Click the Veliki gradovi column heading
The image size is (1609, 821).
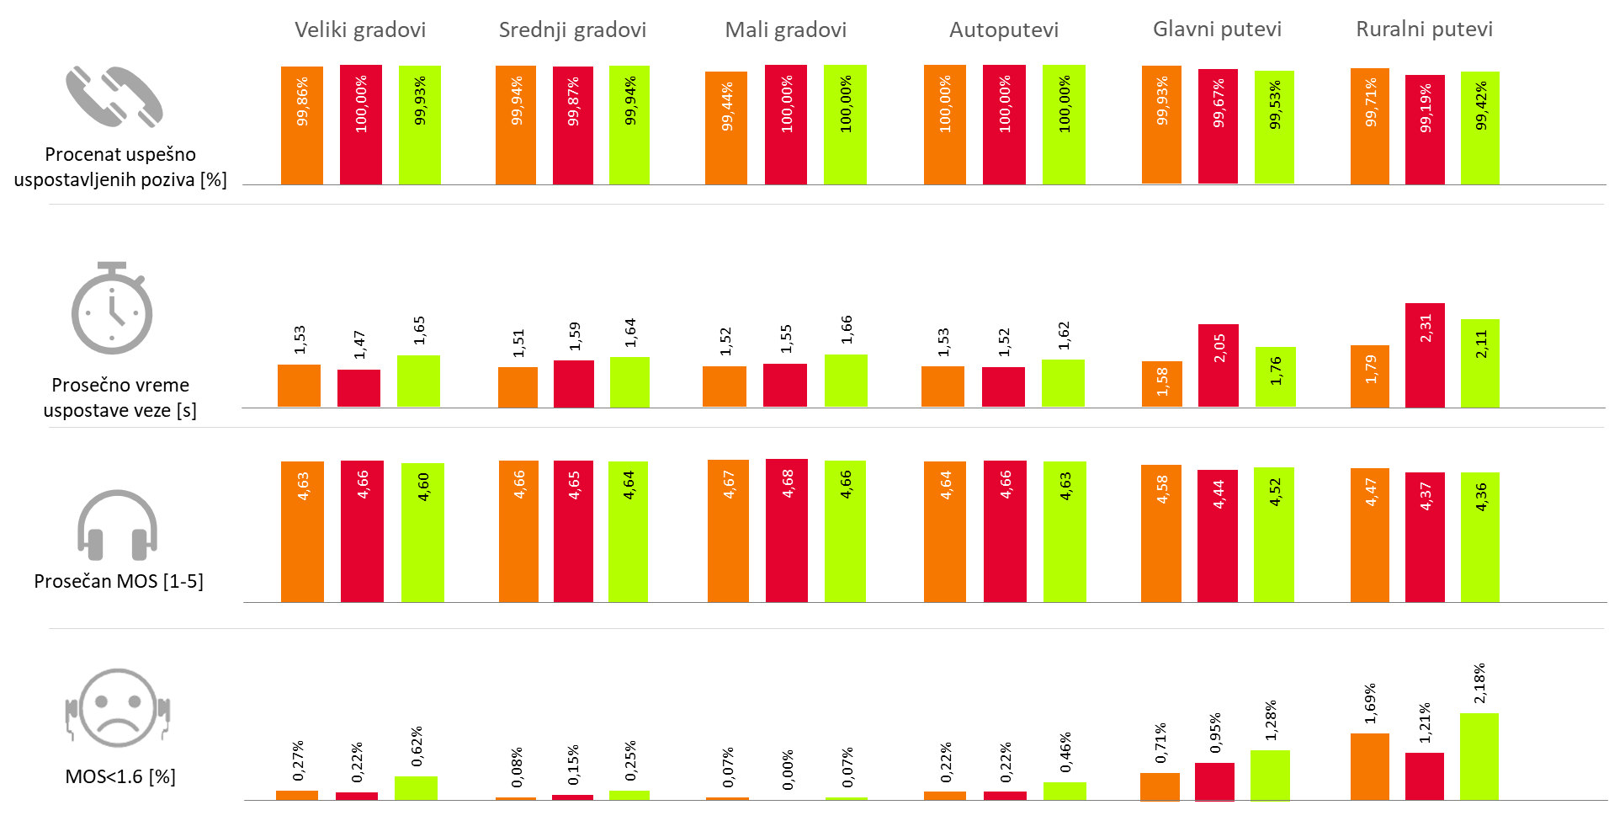[359, 30]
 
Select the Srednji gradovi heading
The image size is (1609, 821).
[572, 30]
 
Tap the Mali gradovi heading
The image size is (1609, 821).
[785, 30]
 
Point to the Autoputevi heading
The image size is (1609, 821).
[1003, 30]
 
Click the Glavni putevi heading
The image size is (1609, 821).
[1217, 29]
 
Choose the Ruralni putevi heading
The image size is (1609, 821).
[1424, 29]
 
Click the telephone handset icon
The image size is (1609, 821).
[114, 97]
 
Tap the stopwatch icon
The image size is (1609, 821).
[112, 308]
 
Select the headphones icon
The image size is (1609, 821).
[117, 525]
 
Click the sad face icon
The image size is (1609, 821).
[119, 709]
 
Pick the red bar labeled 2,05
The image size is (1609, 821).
[1219, 365]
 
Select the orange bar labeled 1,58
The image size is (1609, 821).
[1161, 384]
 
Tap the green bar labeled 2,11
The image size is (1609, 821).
[1479, 363]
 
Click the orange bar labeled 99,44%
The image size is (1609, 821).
[726, 127]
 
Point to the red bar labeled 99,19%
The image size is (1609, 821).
[1425, 129]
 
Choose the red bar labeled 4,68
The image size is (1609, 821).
[786, 530]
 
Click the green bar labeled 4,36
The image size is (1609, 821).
[1479, 537]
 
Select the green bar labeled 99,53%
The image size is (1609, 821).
[1274, 126]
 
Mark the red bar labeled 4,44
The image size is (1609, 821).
[1218, 536]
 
